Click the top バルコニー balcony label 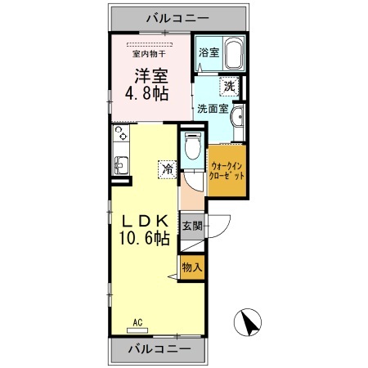178,16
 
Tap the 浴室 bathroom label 209,53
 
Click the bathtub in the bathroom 233,54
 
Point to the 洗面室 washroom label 212,108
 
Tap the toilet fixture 191,148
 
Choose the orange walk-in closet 227,171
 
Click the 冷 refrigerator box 166,170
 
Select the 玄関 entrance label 191,226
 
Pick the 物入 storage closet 191,267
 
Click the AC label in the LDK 140,322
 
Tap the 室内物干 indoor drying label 150,55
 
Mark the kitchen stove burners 120,132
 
